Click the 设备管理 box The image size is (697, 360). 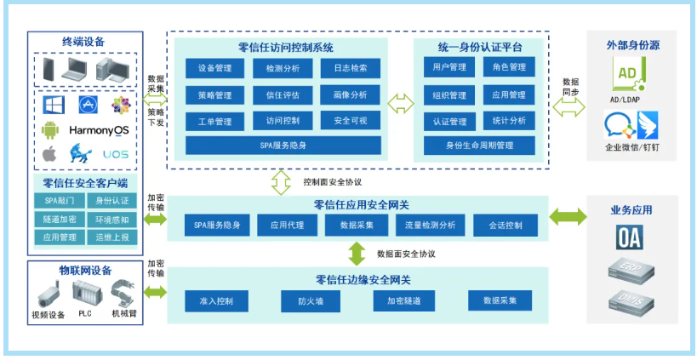214,68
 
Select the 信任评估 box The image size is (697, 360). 282,94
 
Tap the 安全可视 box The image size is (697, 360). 350,121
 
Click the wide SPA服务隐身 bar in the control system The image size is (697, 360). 283,146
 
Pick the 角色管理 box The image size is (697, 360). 509,67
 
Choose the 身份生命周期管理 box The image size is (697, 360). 479,146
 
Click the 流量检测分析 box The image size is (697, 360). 430,226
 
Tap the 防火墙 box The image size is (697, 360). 311,300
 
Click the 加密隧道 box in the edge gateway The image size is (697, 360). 404,300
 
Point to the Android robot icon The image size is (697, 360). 50,130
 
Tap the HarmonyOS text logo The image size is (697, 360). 99,130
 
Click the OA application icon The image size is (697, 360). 629,237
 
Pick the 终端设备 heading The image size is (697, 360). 83,41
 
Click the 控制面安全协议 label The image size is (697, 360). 333,182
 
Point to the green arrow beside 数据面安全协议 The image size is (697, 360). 357,254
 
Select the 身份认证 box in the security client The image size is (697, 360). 111,201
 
